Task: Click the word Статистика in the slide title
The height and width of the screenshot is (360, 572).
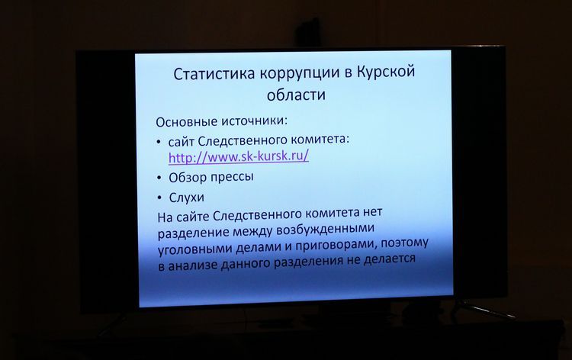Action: click(214, 73)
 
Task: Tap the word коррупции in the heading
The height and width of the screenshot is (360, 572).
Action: click(300, 72)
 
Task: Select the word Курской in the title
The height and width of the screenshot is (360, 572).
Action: click(385, 71)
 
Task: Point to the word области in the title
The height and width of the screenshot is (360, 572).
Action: click(296, 95)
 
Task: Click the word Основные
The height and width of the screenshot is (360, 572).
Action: click(186, 121)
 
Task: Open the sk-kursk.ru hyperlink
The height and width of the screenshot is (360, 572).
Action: click(239, 157)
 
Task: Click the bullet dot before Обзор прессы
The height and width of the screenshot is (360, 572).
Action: click(159, 178)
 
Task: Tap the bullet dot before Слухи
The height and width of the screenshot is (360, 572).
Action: click(159, 198)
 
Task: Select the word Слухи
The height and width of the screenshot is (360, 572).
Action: click(186, 198)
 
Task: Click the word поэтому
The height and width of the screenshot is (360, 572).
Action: click(404, 243)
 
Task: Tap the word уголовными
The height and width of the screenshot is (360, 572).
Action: click(195, 249)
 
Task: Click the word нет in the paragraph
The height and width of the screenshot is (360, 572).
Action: click(373, 212)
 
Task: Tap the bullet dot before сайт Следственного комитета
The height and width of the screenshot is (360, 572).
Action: click(159, 143)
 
